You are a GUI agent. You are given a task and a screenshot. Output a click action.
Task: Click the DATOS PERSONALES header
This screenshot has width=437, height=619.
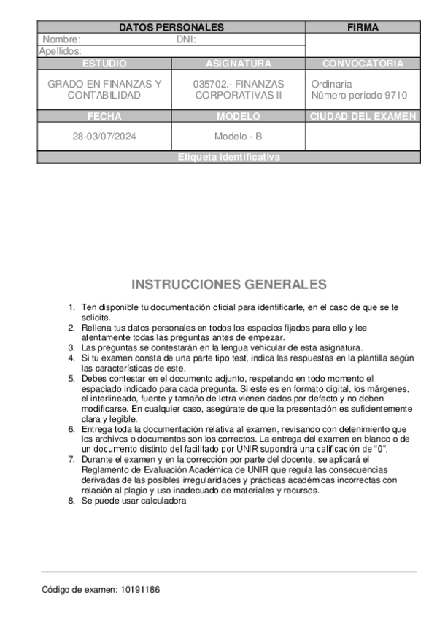click(x=171, y=27)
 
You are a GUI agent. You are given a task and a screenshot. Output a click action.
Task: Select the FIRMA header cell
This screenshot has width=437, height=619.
click(x=363, y=27)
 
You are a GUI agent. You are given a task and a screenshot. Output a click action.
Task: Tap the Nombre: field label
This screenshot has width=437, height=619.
click(x=61, y=39)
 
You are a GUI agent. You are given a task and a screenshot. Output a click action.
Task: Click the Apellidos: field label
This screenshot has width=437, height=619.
click(x=60, y=51)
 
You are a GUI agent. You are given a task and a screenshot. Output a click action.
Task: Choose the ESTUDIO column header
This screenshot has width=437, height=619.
click(x=104, y=64)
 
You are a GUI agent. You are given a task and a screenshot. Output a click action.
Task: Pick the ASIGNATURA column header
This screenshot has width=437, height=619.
click(x=239, y=64)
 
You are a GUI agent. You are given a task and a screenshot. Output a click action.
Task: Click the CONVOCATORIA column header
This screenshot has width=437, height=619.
click(x=363, y=64)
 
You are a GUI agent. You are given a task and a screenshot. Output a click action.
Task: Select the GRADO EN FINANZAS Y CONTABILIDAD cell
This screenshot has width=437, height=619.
click(x=104, y=90)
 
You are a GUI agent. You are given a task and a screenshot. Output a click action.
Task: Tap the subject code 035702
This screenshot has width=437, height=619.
click(x=210, y=84)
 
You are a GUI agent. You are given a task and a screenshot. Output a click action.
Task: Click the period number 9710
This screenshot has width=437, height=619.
click(x=394, y=96)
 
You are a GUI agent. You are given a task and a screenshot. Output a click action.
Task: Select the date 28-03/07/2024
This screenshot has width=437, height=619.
click(x=104, y=137)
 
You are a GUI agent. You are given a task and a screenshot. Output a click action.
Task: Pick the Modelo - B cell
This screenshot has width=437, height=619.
click(x=239, y=137)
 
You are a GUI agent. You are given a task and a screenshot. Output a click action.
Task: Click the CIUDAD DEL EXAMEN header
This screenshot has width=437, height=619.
click(x=363, y=116)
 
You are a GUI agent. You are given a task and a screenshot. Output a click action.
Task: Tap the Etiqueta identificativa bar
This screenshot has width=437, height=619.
click(x=228, y=157)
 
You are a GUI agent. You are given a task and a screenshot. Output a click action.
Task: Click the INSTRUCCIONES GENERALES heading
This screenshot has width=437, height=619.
click(x=228, y=284)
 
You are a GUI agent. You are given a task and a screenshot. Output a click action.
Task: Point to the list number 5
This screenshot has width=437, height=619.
click(x=71, y=378)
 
